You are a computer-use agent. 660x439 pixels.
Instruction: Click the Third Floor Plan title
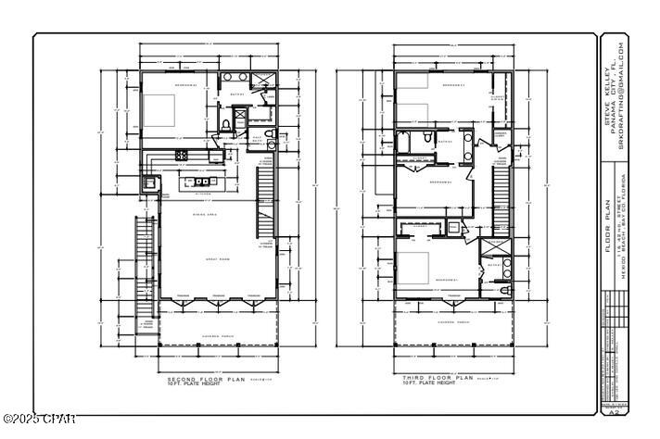438,379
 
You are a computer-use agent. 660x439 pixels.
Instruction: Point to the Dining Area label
205,212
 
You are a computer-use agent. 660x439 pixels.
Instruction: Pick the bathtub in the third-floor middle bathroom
405,142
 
